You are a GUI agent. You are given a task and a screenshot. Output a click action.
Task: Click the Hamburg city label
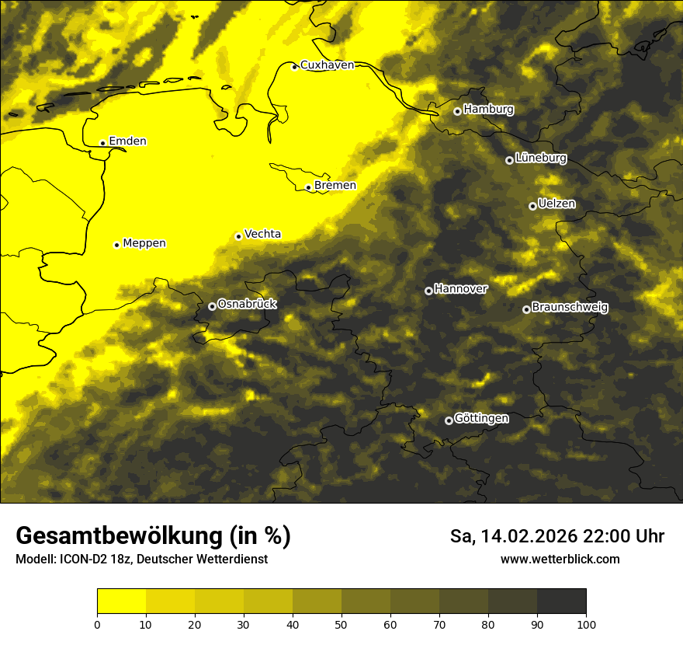488,110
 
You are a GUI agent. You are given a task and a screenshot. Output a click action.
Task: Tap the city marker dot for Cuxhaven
295,67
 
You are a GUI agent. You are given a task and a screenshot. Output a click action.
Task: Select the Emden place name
127,141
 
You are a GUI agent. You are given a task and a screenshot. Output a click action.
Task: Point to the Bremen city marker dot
308,187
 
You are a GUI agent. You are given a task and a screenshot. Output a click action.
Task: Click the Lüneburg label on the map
540,158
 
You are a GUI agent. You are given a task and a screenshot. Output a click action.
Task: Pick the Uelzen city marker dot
532,206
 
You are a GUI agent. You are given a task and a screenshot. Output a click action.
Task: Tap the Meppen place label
144,243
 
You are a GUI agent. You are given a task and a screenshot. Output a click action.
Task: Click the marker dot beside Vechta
238,236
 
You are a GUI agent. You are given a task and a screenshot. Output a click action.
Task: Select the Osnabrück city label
247,304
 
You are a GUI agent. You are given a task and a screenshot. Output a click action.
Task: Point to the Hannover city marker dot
428,291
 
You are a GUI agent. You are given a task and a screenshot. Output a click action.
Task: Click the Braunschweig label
570,307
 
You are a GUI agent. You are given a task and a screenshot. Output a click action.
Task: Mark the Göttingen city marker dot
449,420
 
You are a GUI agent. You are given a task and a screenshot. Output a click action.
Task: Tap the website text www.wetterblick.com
560,559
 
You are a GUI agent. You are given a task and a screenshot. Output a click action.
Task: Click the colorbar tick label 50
341,623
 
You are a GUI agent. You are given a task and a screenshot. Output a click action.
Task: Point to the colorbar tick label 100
585,623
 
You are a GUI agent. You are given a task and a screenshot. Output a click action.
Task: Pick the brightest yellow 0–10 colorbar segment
122,601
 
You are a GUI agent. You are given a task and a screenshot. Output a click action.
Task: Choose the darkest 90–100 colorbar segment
561,601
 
